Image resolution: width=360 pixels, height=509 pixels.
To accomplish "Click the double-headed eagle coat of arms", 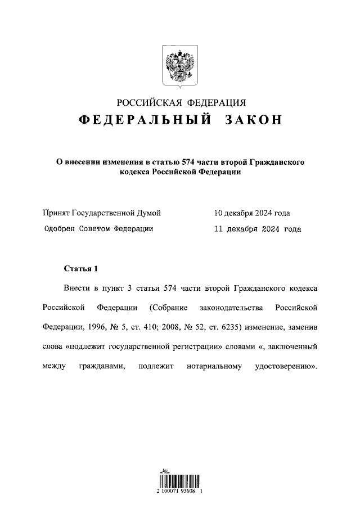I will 180,64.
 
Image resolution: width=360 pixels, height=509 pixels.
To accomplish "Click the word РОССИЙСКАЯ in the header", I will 150,102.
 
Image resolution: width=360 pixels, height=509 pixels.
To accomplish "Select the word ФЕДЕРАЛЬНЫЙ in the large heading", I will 145,121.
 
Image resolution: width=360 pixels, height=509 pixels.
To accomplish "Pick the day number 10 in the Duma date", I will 218,213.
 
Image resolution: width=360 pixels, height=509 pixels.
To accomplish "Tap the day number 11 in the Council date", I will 218,229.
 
